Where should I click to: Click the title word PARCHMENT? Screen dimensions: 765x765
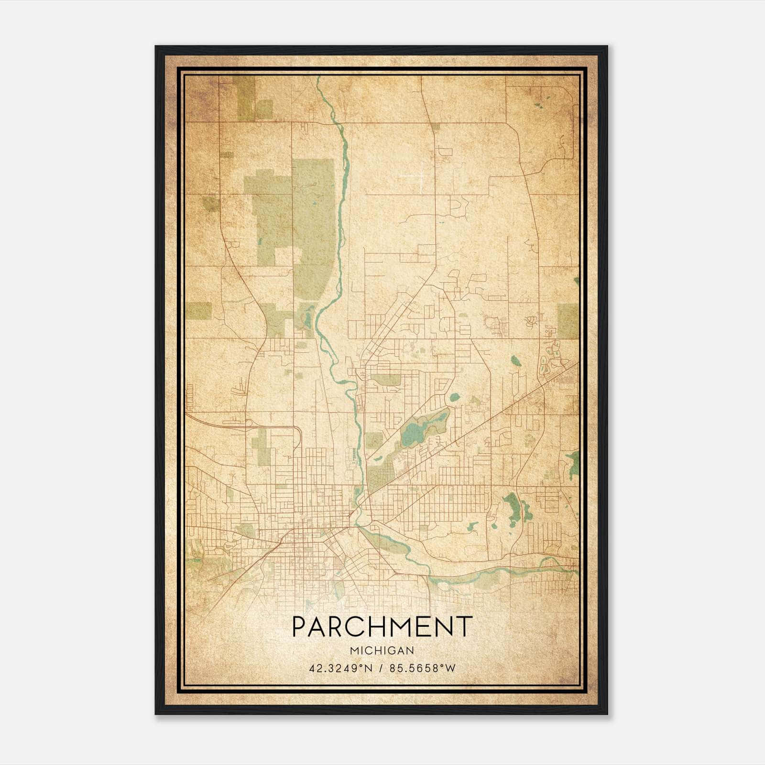382,627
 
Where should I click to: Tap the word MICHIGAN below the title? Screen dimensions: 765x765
382,650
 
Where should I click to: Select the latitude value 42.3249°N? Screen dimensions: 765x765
340,668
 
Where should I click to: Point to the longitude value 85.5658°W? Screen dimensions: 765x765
423,668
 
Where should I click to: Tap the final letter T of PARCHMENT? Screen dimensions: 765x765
464,627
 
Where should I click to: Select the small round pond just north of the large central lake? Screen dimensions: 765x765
454,396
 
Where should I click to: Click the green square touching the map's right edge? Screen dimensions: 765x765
568,321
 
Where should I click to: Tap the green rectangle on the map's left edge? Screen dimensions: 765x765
199,311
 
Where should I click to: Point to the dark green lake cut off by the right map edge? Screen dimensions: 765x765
573,464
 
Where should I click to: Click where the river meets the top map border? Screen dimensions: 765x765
318,77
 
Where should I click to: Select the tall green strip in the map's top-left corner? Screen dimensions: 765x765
246,98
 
